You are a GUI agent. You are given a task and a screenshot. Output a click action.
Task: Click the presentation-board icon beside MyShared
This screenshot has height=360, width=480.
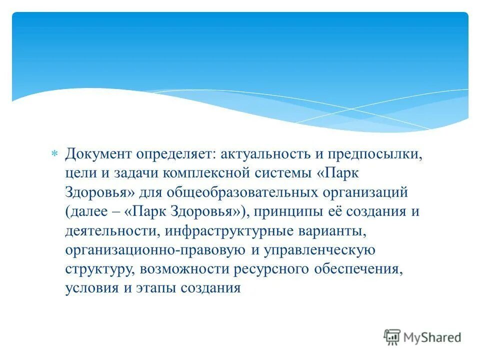pos(392,337)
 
